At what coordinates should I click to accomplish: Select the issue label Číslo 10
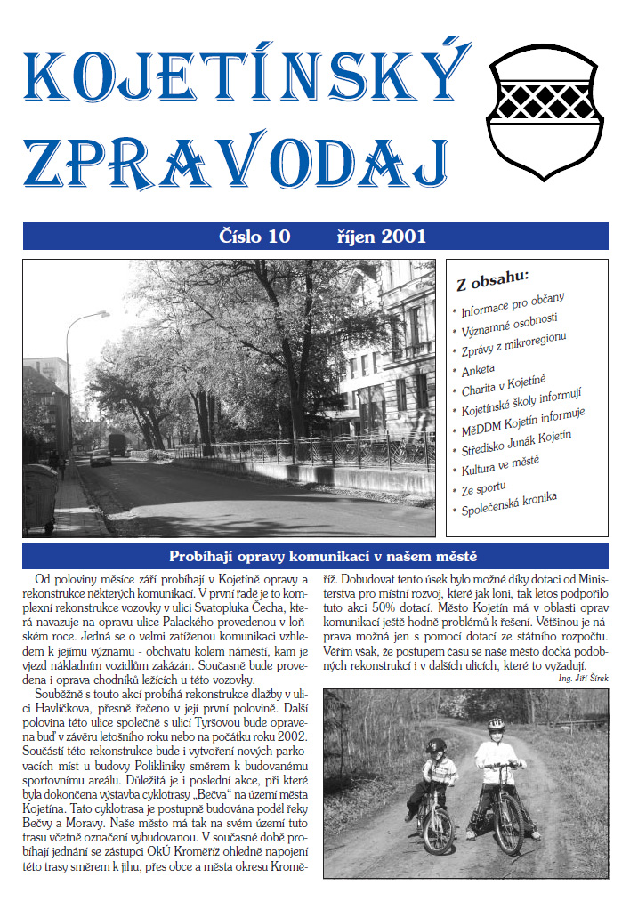tap(254, 237)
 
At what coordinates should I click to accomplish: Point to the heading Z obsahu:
tap(492, 279)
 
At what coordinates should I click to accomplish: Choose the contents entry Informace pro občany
tap(513, 306)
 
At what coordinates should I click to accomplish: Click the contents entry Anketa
tap(478, 367)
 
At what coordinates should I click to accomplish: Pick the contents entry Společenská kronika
tap(509, 503)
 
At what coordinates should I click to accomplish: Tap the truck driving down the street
tap(117, 443)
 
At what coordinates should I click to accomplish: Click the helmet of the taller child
tap(496, 725)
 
